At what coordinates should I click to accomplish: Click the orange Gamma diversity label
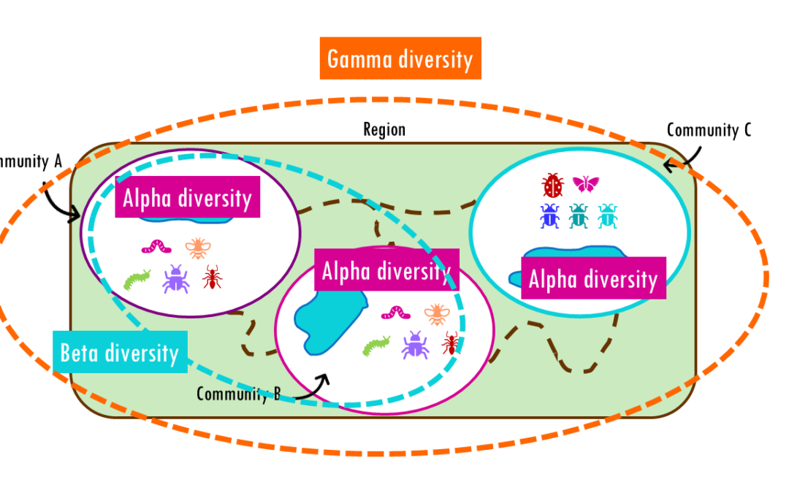(x=400, y=58)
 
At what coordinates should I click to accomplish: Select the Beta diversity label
(x=120, y=353)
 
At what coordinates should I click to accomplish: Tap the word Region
(x=384, y=130)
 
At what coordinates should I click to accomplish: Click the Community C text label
(x=708, y=130)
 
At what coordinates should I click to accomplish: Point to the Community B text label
(x=238, y=394)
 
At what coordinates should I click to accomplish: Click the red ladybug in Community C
(x=553, y=186)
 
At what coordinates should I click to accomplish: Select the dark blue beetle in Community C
(x=549, y=216)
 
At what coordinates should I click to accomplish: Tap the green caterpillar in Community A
(x=136, y=280)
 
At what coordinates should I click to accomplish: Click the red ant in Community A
(x=212, y=277)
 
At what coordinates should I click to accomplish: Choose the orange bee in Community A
(x=197, y=248)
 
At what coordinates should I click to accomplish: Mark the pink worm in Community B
(x=397, y=313)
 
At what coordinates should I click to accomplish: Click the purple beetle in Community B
(x=415, y=345)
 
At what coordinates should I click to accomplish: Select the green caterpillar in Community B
(x=376, y=345)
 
